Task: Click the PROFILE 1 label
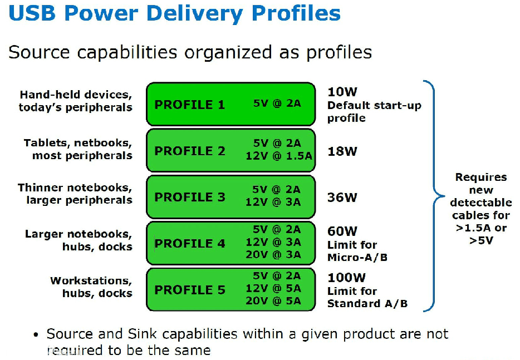click(x=189, y=105)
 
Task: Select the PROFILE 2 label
click(x=189, y=151)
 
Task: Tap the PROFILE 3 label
click(x=189, y=197)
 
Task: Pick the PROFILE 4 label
click(x=189, y=243)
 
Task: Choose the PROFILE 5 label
click(x=189, y=290)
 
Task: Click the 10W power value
click(x=342, y=92)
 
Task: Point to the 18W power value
click(x=342, y=151)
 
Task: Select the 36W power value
click(x=342, y=197)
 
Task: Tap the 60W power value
click(x=342, y=231)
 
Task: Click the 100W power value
click(x=346, y=278)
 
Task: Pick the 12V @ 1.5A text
click(x=278, y=156)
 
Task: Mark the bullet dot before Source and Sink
click(x=36, y=335)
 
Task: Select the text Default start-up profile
click(x=374, y=111)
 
